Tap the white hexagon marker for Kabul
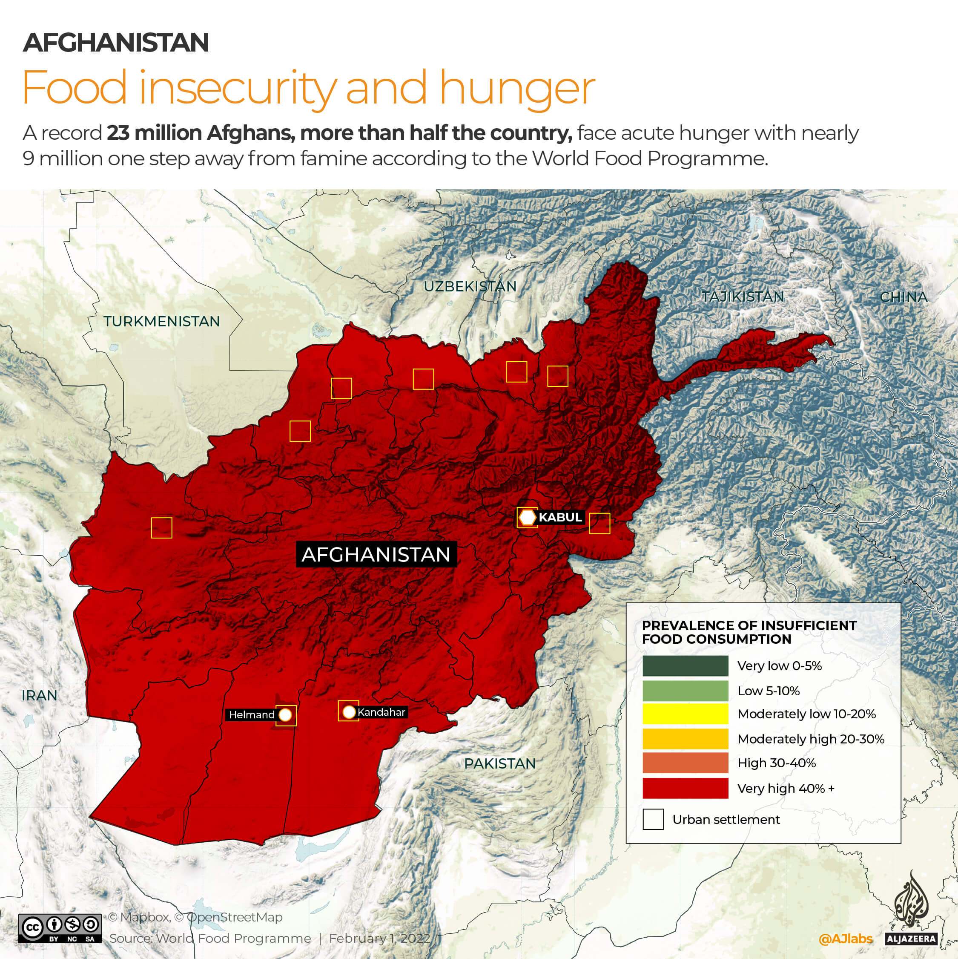[528, 517]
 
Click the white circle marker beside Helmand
[285, 715]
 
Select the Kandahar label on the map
[381, 712]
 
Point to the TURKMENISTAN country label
[162, 322]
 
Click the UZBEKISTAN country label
[470, 286]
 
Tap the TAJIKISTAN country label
[743, 297]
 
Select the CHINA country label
[904, 297]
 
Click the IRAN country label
[40, 695]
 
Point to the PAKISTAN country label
[499, 763]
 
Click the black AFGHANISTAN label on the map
[376, 554]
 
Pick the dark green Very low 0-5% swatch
[685, 665]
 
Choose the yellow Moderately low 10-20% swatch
[685, 714]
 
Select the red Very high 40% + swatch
[685, 788]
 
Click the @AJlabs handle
[845, 939]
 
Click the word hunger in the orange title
[516, 88]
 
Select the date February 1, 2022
[379, 938]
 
